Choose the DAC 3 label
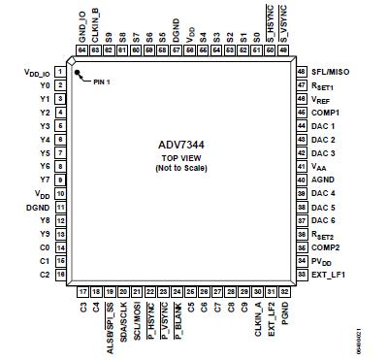pyautogui.click(x=323, y=153)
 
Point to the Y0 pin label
pyautogui.click(x=45, y=85)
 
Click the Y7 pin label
pyautogui.click(x=45, y=180)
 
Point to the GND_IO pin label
pyautogui.click(x=82, y=28)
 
